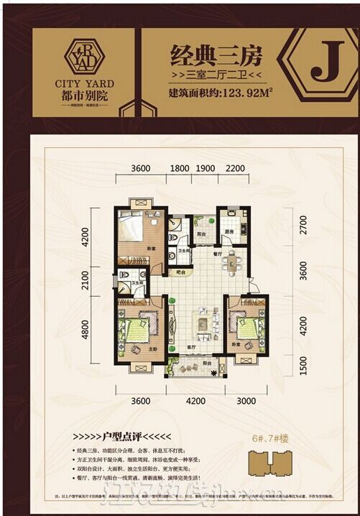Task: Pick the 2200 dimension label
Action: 234,169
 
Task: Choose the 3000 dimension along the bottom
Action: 246,401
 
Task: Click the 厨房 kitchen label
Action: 229,232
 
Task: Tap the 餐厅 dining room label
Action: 217,254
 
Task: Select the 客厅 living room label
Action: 192,346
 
